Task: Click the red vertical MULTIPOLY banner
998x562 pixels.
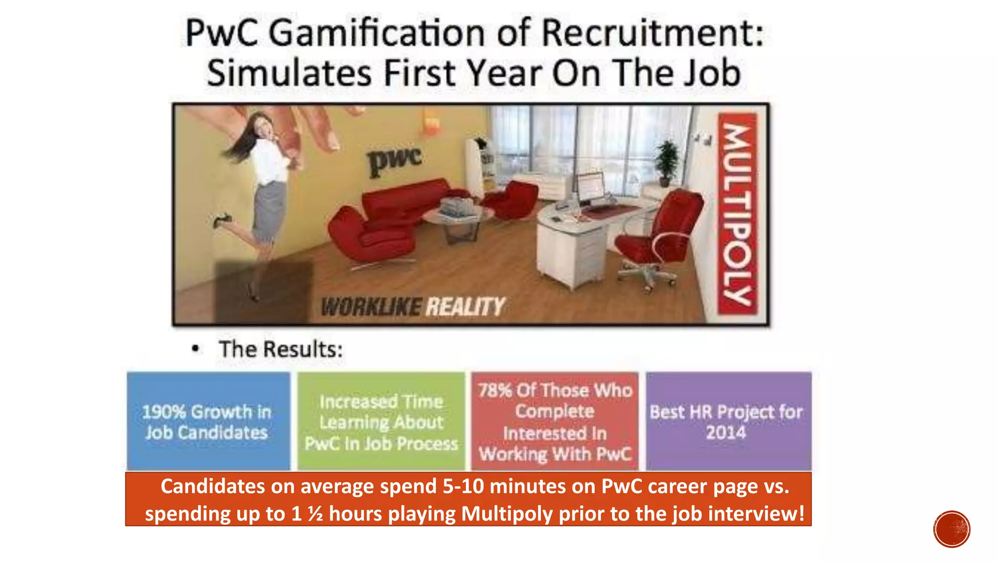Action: coord(738,215)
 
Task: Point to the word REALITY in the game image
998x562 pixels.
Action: coord(465,307)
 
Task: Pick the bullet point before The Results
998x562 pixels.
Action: coord(195,349)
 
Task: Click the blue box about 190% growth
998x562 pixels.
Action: coord(208,421)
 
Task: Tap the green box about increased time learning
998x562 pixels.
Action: coord(381,421)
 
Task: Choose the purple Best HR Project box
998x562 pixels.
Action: coord(728,421)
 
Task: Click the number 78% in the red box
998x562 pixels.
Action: coord(495,390)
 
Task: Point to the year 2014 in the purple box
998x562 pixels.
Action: coord(726,433)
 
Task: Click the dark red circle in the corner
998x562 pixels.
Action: coord(952,529)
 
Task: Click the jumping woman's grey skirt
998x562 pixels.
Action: coord(268,210)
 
